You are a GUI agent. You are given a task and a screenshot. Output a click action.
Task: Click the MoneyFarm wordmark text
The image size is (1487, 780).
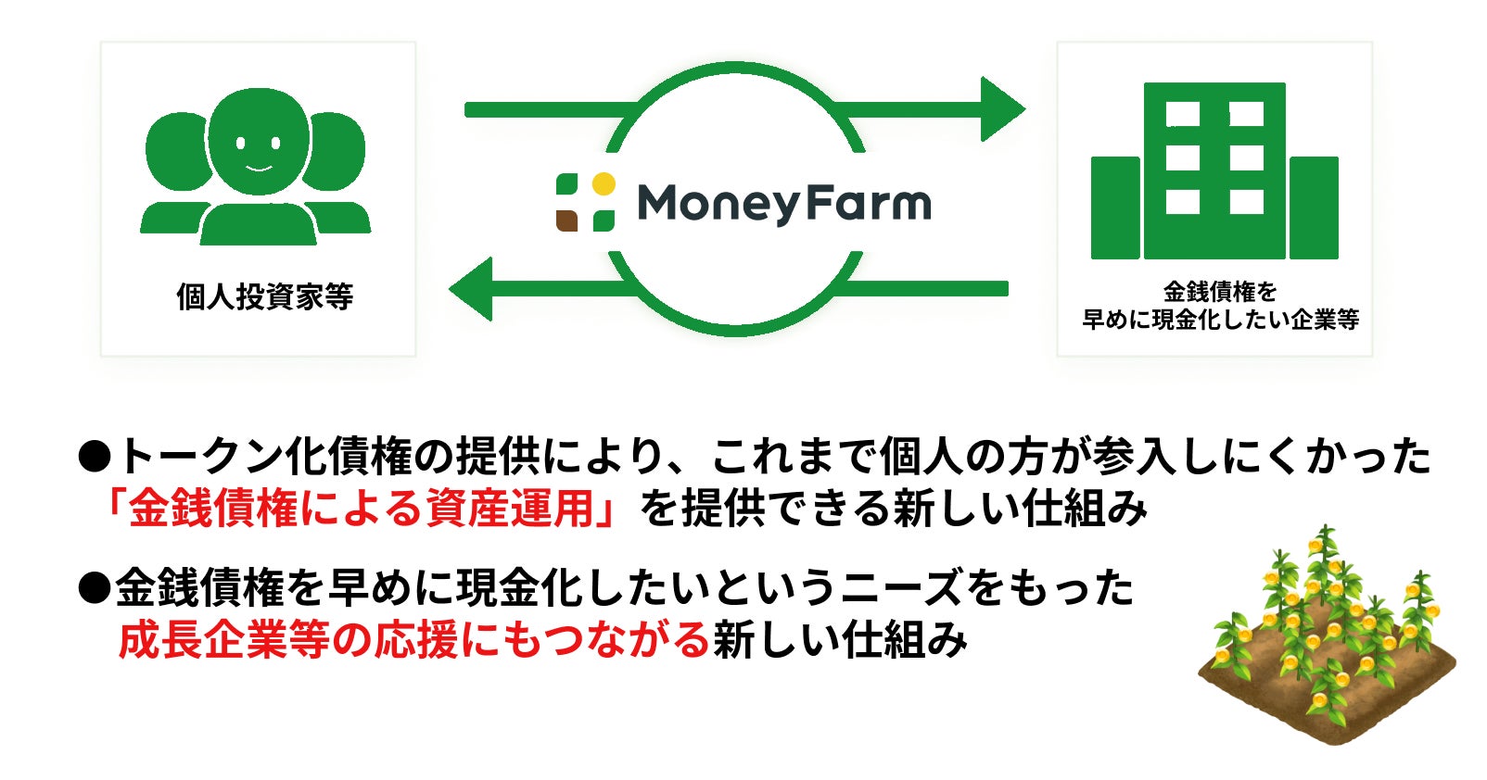pyautogui.click(x=783, y=203)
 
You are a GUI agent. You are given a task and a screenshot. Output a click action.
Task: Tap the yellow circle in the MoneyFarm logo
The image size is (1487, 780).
pyautogui.click(x=604, y=183)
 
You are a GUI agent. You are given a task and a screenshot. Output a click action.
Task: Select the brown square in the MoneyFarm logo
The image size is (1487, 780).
pyautogui.click(x=566, y=220)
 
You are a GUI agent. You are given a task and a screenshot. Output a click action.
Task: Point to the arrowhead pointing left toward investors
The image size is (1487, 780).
pyautogui.click(x=472, y=288)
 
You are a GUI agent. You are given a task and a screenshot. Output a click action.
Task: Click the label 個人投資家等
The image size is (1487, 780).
pyautogui.click(x=264, y=297)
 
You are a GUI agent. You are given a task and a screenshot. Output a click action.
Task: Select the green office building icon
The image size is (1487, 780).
pyautogui.click(x=1214, y=171)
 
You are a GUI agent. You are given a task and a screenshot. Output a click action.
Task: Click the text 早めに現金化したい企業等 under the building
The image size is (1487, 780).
pyautogui.click(x=1220, y=320)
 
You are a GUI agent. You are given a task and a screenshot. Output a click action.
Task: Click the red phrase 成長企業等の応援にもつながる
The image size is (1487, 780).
pyautogui.click(x=413, y=639)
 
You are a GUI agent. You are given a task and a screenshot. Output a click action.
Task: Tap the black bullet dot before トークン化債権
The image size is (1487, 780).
pyautogui.click(x=95, y=455)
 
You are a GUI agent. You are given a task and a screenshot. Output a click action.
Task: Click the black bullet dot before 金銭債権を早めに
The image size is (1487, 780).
pyautogui.click(x=95, y=587)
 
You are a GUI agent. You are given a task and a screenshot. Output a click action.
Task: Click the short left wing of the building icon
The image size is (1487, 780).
pyautogui.click(x=1114, y=208)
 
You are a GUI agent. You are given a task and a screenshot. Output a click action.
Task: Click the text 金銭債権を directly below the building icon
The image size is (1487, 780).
pyautogui.click(x=1220, y=292)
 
